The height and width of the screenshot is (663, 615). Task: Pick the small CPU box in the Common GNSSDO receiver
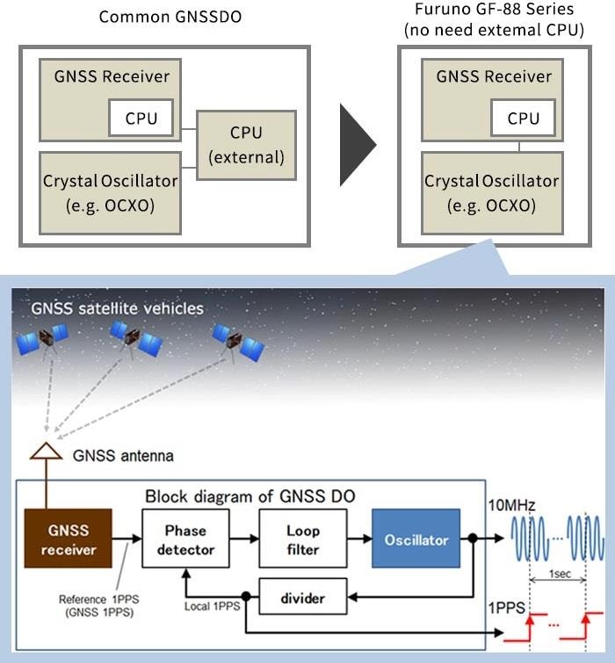[141, 119]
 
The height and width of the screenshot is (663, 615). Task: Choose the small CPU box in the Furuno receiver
[524, 119]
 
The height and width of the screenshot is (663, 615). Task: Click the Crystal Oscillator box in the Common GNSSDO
[111, 192]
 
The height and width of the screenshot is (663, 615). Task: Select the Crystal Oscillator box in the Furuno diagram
[492, 192]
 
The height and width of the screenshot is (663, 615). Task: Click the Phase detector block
[185, 539]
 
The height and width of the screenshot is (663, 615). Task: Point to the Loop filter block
[302, 539]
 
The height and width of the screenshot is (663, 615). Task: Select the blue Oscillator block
[416, 539]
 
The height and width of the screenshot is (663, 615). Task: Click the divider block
[302, 599]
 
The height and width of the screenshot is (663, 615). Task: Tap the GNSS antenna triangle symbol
[47, 452]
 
